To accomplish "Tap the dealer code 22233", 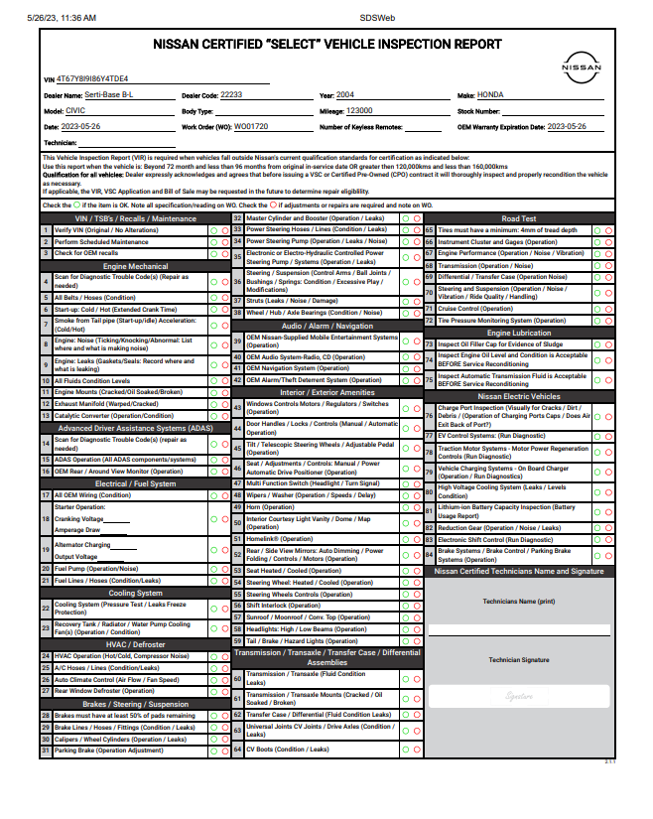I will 230,94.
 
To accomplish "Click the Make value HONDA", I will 490,94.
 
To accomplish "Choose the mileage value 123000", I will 358,111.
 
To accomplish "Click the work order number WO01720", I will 250,127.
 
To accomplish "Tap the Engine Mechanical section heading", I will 136,266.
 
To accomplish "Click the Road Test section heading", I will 519,218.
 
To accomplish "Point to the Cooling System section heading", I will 136,593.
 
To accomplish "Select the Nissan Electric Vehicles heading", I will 519,395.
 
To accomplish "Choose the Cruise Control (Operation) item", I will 488,309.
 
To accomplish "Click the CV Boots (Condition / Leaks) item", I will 288,750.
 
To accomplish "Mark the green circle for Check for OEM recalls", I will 212,253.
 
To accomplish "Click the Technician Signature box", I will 519,695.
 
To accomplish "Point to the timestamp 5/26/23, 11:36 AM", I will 63,18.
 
